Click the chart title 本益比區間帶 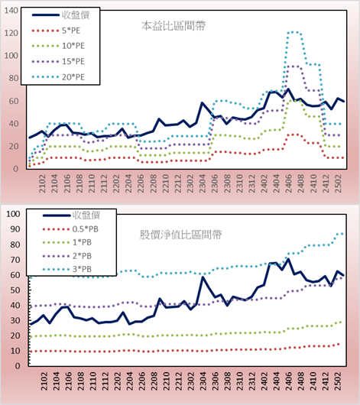174,26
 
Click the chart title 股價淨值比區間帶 180,235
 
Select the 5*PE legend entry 71,31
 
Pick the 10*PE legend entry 73,46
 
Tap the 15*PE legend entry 73,61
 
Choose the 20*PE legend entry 73,77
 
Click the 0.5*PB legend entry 86,229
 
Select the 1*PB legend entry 82,242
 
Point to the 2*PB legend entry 82,256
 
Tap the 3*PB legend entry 82,269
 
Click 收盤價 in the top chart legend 76,15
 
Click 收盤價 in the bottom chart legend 86,215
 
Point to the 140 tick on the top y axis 11,11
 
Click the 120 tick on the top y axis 11,33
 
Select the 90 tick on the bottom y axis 15,229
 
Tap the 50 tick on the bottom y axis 15,290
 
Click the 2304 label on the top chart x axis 202,183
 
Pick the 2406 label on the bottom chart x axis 289,381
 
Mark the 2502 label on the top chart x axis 338,183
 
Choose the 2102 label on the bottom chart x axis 44,381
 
